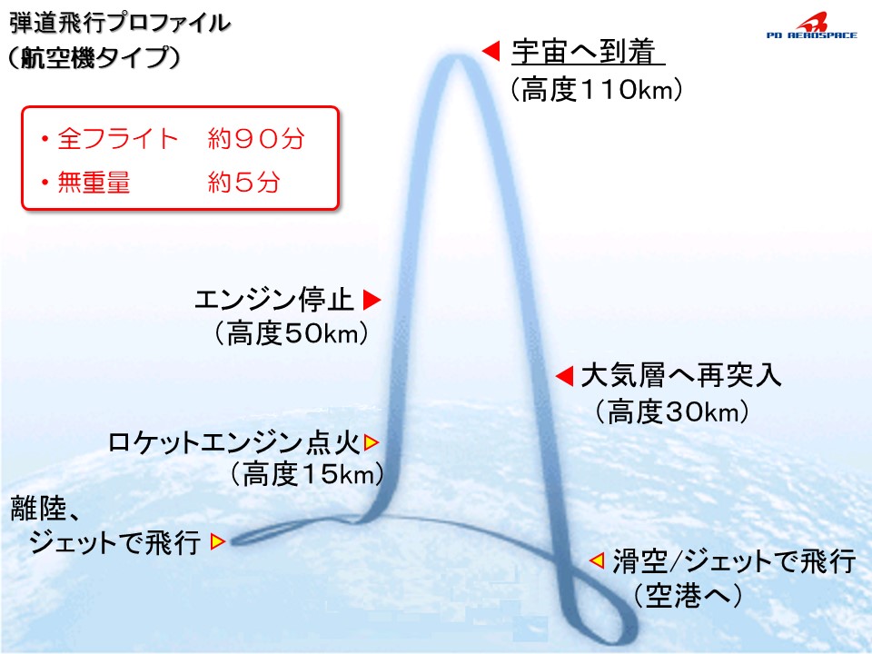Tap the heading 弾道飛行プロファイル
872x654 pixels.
[120, 24]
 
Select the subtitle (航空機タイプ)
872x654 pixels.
[94, 57]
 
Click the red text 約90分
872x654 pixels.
[256, 138]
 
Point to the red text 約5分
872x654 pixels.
[243, 182]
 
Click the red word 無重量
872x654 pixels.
[94, 182]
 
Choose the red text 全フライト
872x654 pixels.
[118, 138]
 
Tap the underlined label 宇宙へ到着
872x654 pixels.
[583, 51]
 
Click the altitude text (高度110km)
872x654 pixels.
[596, 90]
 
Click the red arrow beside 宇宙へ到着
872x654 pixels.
[490, 51]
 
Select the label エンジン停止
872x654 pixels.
[274, 300]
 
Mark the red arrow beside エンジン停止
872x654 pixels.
[372, 300]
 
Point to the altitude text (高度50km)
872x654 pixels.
[292, 334]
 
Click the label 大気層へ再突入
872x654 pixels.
[681, 376]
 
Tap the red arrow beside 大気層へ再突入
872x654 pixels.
[564, 376]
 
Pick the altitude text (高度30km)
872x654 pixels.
[672, 412]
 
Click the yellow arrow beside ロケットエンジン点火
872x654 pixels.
[371, 442]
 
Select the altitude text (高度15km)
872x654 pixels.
[306, 475]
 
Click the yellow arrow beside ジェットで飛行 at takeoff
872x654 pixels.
[217, 541]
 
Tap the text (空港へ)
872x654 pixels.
[688, 596]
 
